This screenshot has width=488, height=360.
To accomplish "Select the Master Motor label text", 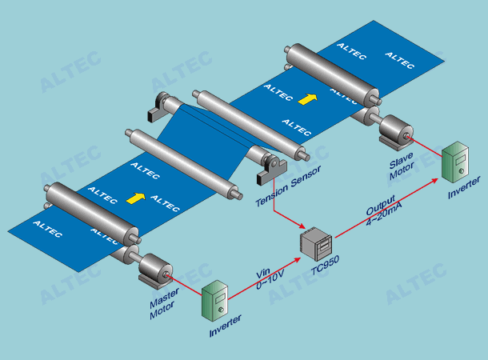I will tap(163, 307).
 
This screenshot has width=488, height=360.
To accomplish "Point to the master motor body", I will tap(154, 270).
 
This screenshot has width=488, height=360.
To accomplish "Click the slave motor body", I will tap(393, 130).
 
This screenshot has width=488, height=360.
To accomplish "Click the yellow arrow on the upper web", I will tap(306, 99).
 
